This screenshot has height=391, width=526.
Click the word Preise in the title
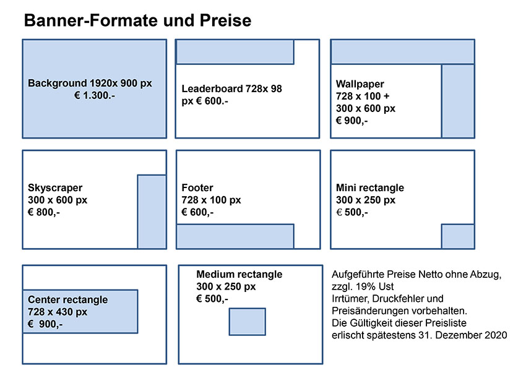(225, 20)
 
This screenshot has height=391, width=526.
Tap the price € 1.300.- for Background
(95, 95)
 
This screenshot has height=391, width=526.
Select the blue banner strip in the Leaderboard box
(235, 52)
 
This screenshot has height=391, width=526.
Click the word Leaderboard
(212, 88)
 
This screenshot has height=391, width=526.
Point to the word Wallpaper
(360, 84)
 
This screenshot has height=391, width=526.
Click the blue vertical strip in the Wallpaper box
(458, 101)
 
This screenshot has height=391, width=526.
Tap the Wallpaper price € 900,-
(352, 121)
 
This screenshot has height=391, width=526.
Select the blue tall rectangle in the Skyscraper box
(152, 212)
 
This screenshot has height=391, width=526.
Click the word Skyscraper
(55, 188)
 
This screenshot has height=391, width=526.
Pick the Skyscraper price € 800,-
(44, 212)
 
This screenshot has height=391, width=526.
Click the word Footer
(197, 187)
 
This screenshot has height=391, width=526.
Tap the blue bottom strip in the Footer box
(235, 236)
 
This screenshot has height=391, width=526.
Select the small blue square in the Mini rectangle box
(458, 236)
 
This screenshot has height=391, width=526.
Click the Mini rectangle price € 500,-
(352, 212)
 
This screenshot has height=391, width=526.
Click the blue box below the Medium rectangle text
(248, 322)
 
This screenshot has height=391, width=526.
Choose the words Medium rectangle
(239, 274)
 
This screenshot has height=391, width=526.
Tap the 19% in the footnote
(365, 286)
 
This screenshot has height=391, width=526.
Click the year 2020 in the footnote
(496, 335)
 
